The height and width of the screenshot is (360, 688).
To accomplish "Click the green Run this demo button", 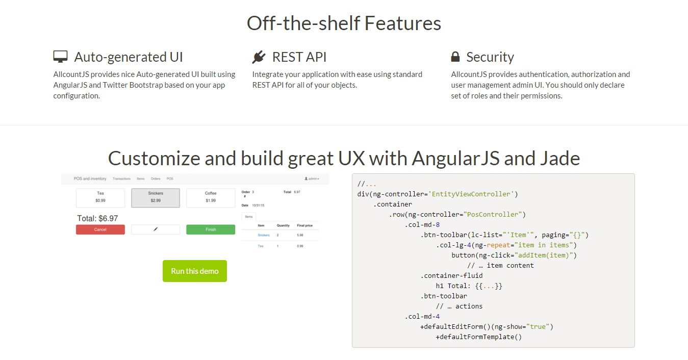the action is click(194, 271).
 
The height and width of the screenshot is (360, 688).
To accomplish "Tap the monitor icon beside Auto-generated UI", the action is click(60, 57).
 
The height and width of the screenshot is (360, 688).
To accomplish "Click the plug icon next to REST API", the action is click(259, 57).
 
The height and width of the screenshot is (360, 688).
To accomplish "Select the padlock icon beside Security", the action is click(455, 57).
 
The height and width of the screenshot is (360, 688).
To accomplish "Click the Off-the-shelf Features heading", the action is click(344, 23).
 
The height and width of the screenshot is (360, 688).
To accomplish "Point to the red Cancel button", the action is click(100, 229).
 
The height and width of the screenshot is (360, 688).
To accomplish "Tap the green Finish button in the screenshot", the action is click(211, 229).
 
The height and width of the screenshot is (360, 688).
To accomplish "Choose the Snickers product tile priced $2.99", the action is click(156, 197).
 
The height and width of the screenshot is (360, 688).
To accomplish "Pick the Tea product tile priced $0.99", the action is click(100, 197).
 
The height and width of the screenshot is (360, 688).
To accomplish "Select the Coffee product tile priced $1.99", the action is click(211, 197).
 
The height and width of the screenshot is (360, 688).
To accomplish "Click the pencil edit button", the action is click(156, 229).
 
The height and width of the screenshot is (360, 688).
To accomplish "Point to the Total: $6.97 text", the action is click(97, 218).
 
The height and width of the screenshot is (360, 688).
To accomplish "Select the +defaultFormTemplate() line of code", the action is click(478, 337).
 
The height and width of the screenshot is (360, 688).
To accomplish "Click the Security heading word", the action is click(490, 57).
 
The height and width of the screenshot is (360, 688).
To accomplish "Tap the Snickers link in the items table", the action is click(264, 235).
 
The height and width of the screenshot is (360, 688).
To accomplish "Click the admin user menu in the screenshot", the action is click(312, 179).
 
